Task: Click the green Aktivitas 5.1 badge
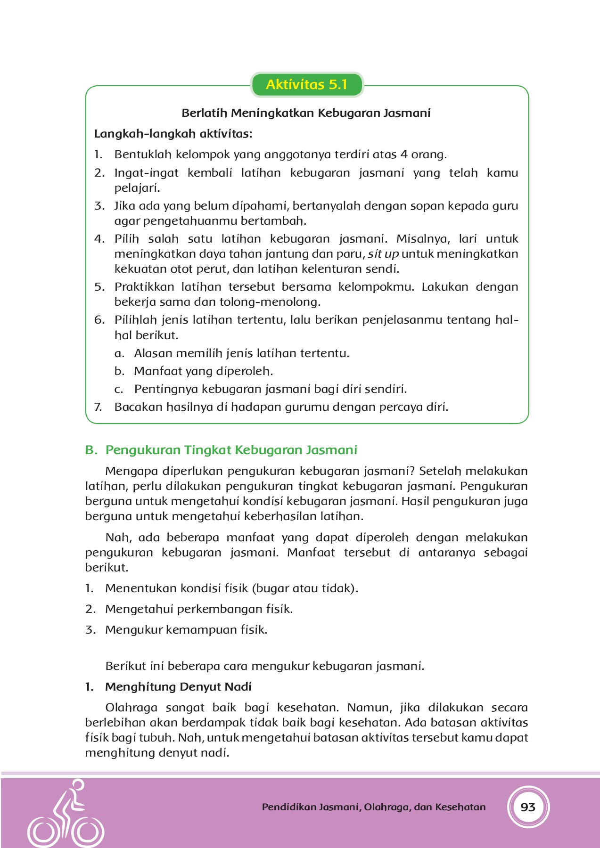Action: [x=306, y=85]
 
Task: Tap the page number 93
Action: [x=528, y=807]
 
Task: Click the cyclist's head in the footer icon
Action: [x=78, y=785]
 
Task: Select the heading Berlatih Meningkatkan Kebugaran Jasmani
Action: [x=306, y=113]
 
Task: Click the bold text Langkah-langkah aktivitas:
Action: [x=173, y=134]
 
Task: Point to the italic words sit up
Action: [x=383, y=254]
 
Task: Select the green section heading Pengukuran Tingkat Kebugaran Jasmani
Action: [x=231, y=450]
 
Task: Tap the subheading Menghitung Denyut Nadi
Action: [x=178, y=687]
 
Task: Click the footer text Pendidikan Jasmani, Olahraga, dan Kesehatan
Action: [x=373, y=807]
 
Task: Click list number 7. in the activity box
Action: [x=98, y=407]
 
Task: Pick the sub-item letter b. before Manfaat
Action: [x=119, y=371]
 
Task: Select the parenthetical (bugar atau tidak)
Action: [x=305, y=588]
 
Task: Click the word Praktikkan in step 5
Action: [x=144, y=287]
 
